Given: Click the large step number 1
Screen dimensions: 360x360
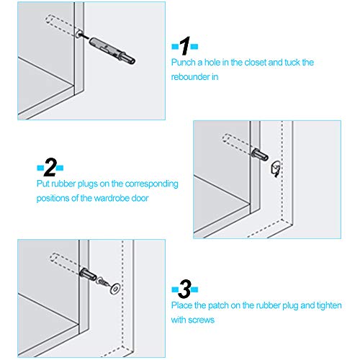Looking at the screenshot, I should click(x=184, y=48).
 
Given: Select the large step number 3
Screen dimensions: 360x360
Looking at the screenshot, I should click(x=184, y=291).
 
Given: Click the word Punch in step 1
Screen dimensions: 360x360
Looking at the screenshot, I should click(x=183, y=63).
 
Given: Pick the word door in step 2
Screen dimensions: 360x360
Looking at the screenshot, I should click(x=140, y=197).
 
